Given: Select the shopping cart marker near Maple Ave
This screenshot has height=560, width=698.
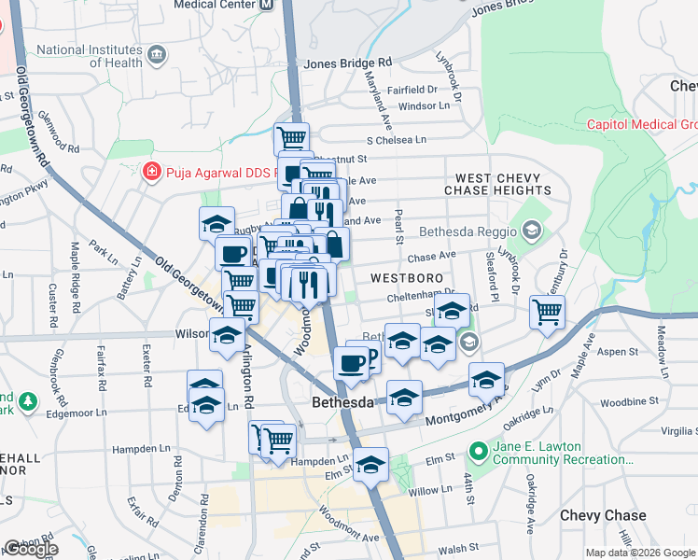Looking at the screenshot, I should [x=547, y=313].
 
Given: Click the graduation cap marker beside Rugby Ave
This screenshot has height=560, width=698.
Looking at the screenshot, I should [x=216, y=224].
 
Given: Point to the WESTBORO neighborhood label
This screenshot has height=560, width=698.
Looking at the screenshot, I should [x=404, y=278].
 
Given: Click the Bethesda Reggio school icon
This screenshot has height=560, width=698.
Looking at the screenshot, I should [x=531, y=231].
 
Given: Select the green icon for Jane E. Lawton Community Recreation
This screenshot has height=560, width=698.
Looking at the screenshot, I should [x=480, y=452].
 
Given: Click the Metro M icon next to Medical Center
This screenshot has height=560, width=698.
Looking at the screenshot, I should [x=267, y=4].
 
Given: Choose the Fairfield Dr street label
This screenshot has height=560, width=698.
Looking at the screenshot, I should [x=412, y=90].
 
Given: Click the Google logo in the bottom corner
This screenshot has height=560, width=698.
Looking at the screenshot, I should [x=30, y=549].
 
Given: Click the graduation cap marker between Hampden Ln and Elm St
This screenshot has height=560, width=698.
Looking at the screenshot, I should [x=370, y=466].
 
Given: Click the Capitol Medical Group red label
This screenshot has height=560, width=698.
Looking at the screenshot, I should [x=642, y=124].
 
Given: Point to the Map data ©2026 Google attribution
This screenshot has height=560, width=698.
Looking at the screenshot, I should [x=639, y=553].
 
